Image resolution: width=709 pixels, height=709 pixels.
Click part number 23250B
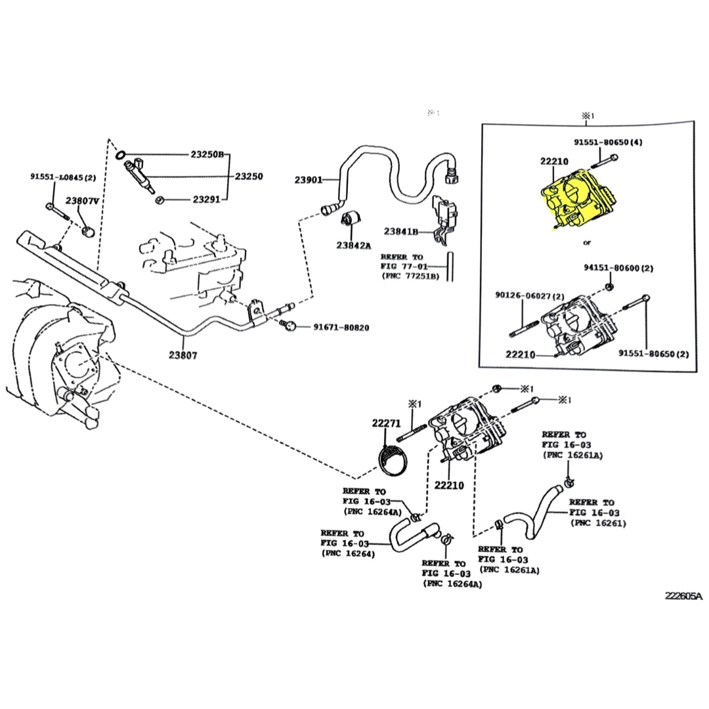click(x=207, y=155)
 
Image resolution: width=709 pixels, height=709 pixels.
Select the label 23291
click(x=207, y=200)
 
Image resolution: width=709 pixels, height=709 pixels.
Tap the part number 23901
click(x=309, y=179)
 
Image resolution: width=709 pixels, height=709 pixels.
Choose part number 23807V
click(x=82, y=201)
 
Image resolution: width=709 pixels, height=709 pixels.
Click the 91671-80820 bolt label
click(x=341, y=327)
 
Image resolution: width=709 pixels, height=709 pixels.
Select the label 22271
click(x=386, y=424)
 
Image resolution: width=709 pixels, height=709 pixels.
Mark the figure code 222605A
click(x=683, y=596)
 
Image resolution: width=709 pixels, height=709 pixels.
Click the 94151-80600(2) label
click(x=618, y=268)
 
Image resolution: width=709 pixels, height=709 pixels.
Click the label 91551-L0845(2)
click(x=63, y=177)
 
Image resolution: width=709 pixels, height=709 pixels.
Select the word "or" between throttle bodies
click(x=588, y=243)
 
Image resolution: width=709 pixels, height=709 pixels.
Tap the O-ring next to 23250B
click(x=121, y=155)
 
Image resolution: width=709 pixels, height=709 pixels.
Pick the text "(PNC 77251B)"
click(x=412, y=276)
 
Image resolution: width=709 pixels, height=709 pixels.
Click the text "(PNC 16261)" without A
click(x=598, y=523)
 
